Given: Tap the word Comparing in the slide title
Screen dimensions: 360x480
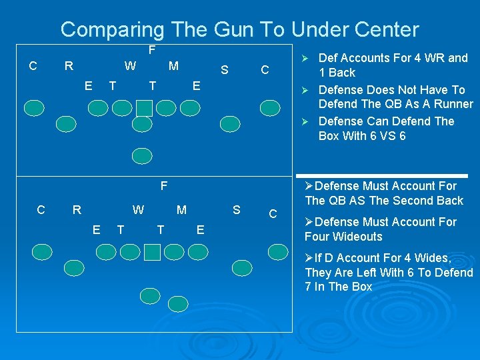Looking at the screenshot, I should click(x=112, y=30).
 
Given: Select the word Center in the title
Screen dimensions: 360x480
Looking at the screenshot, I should click(x=387, y=29).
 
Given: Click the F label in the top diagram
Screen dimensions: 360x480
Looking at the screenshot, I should click(x=152, y=51).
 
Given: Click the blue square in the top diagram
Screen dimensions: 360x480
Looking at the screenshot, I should click(x=144, y=107).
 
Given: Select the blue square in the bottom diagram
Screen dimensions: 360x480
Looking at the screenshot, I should click(x=152, y=251).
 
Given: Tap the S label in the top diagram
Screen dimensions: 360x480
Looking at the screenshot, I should click(x=225, y=69).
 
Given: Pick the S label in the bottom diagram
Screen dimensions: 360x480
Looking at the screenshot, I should click(x=236, y=211).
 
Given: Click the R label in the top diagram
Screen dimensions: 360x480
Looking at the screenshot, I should click(x=68, y=66).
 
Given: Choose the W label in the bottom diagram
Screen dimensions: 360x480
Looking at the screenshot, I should click(x=138, y=210).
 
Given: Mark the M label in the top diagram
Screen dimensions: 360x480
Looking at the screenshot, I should click(x=173, y=66).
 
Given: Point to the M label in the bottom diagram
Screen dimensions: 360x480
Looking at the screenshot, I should click(x=181, y=210).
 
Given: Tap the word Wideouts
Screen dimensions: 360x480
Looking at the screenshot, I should click(x=358, y=237).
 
